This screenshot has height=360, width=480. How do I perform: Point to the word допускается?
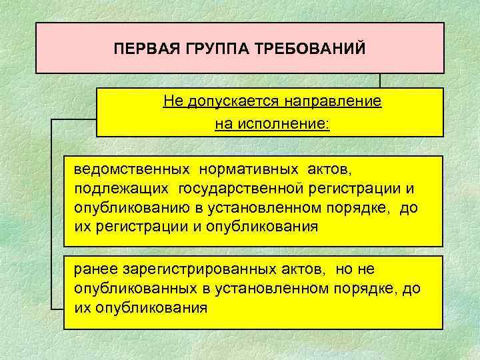[x=224, y=102]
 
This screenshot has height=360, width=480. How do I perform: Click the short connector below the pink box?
[x=379, y=81]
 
